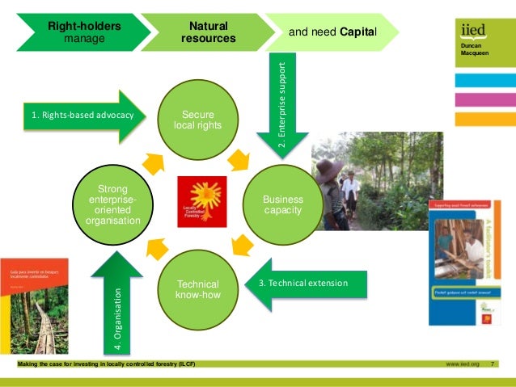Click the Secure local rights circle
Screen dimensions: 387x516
pos(197,121)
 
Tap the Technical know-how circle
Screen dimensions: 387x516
pos(197,288)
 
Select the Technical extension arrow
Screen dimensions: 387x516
pos(307,284)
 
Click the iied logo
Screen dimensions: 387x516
pos(473,31)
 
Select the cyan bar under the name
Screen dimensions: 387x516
pos(484,81)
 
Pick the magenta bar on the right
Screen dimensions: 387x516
pos(484,100)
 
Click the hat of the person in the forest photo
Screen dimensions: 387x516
pos(328,167)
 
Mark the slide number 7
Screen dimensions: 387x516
pos(494,364)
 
